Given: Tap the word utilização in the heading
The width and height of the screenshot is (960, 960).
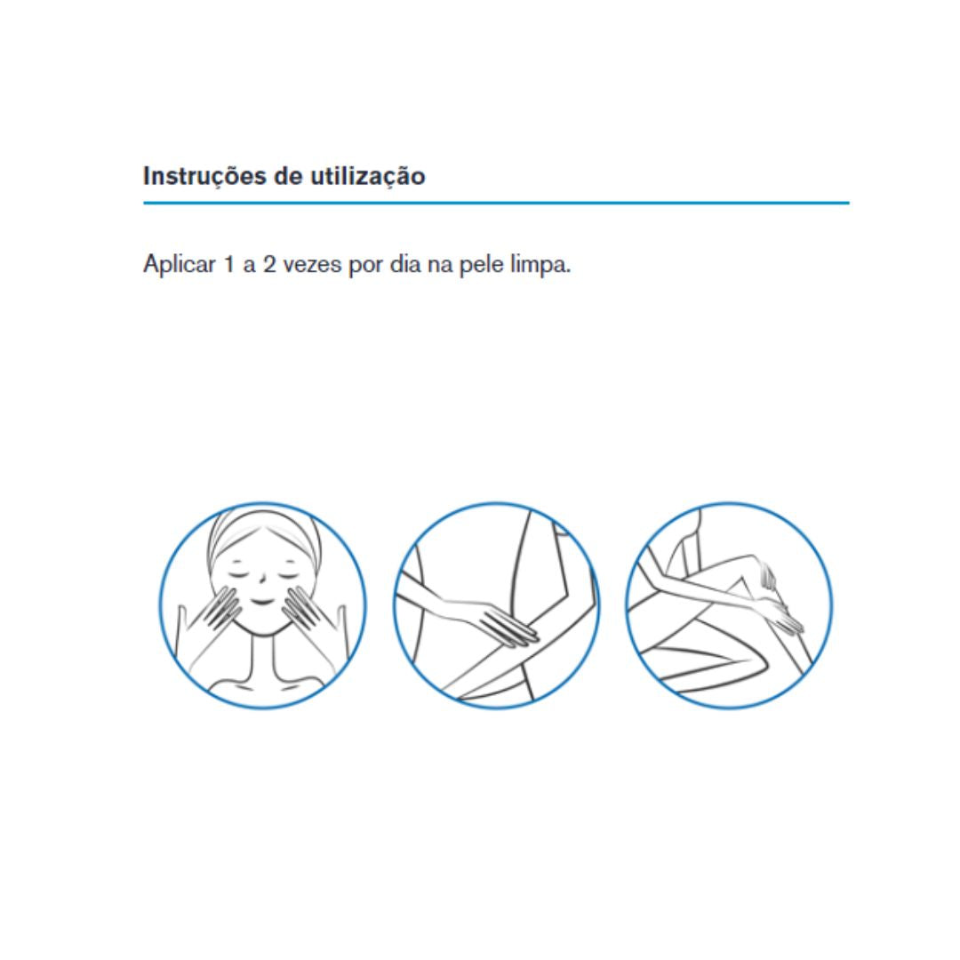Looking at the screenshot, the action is click(x=367, y=177).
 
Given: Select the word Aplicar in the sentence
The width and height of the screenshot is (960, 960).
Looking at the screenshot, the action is click(x=180, y=265).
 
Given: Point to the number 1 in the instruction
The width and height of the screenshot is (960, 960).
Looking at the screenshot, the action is click(x=229, y=265).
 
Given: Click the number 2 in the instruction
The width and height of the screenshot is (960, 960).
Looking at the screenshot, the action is click(x=269, y=265).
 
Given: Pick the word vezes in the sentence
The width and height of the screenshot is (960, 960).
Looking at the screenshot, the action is click(x=312, y=266).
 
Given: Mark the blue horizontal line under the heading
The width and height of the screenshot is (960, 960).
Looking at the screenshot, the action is click(x=496, y=203).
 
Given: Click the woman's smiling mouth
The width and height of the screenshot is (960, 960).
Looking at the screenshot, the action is click(x=262, y=603).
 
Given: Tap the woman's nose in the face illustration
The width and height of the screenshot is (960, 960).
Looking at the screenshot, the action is click(x=261, y=580).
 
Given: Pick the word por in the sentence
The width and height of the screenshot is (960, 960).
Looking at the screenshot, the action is click(x=364, y=268).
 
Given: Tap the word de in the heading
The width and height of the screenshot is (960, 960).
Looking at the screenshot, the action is click(x=288, y=177).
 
